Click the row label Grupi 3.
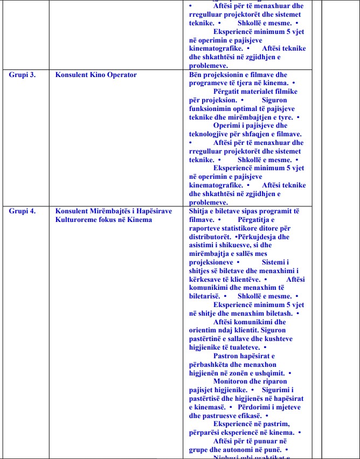[x=22, y=75]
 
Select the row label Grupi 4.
[x=22, y=211]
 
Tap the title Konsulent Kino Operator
[x=96, y=75]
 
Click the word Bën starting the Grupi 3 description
[x=197, y=75]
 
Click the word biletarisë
[x=205, y=296]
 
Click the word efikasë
[x=246, y=416]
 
